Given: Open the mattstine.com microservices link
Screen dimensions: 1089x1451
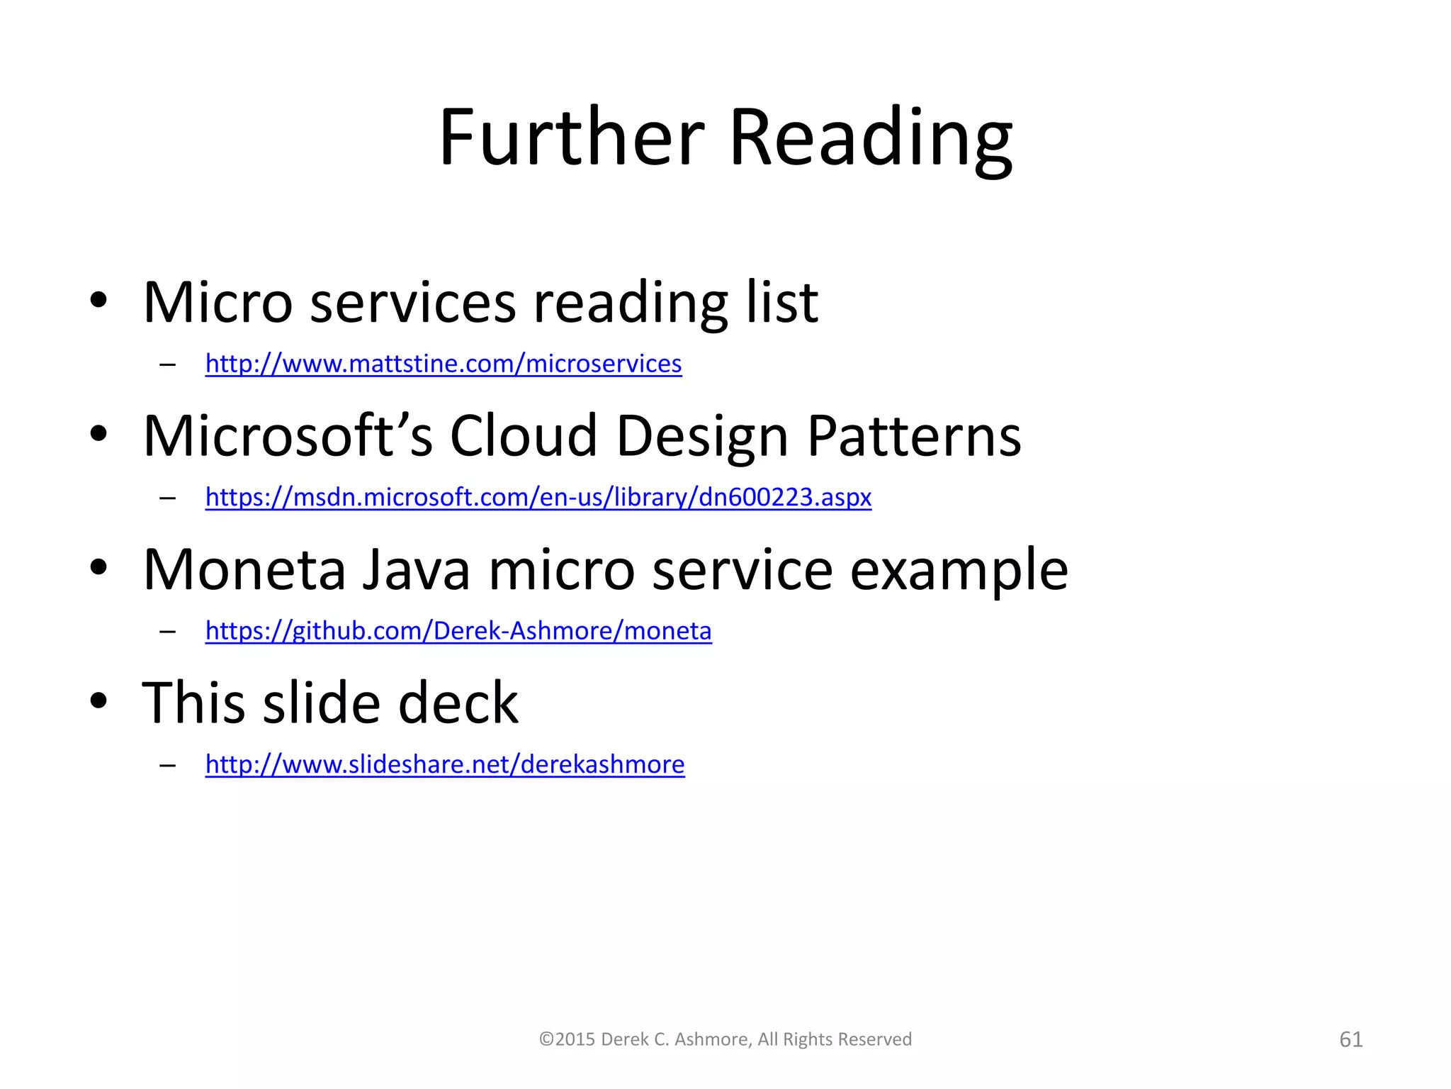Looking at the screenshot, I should (x=444, y=364).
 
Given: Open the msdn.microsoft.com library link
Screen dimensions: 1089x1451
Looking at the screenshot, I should (x=538, y=497).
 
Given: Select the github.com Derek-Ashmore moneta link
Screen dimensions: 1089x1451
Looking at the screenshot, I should (x=458, y=630).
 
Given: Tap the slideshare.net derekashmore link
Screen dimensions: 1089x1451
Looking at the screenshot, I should (x=445, y=764).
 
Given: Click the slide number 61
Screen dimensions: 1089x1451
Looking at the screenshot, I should (x=1350, y=1039).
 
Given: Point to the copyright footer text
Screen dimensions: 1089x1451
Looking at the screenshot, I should (x=725, y=1039).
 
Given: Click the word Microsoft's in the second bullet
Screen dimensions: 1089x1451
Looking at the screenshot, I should (x=288, y=435).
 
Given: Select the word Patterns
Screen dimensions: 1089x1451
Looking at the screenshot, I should (x=914, y=435).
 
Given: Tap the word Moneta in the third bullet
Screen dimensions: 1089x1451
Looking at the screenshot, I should (x=244, y=569).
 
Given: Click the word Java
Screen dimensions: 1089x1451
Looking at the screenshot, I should (x=417, y=569).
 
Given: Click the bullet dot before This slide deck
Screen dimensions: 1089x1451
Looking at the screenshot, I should (x=98, y=700).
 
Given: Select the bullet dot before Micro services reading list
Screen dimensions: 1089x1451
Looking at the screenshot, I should (x=98, y=300).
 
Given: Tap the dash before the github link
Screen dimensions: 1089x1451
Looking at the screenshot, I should (x=168, y=631).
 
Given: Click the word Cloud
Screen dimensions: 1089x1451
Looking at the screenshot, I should (x=524, y=435).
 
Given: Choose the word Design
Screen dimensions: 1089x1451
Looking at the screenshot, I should (x=702, y=437).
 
